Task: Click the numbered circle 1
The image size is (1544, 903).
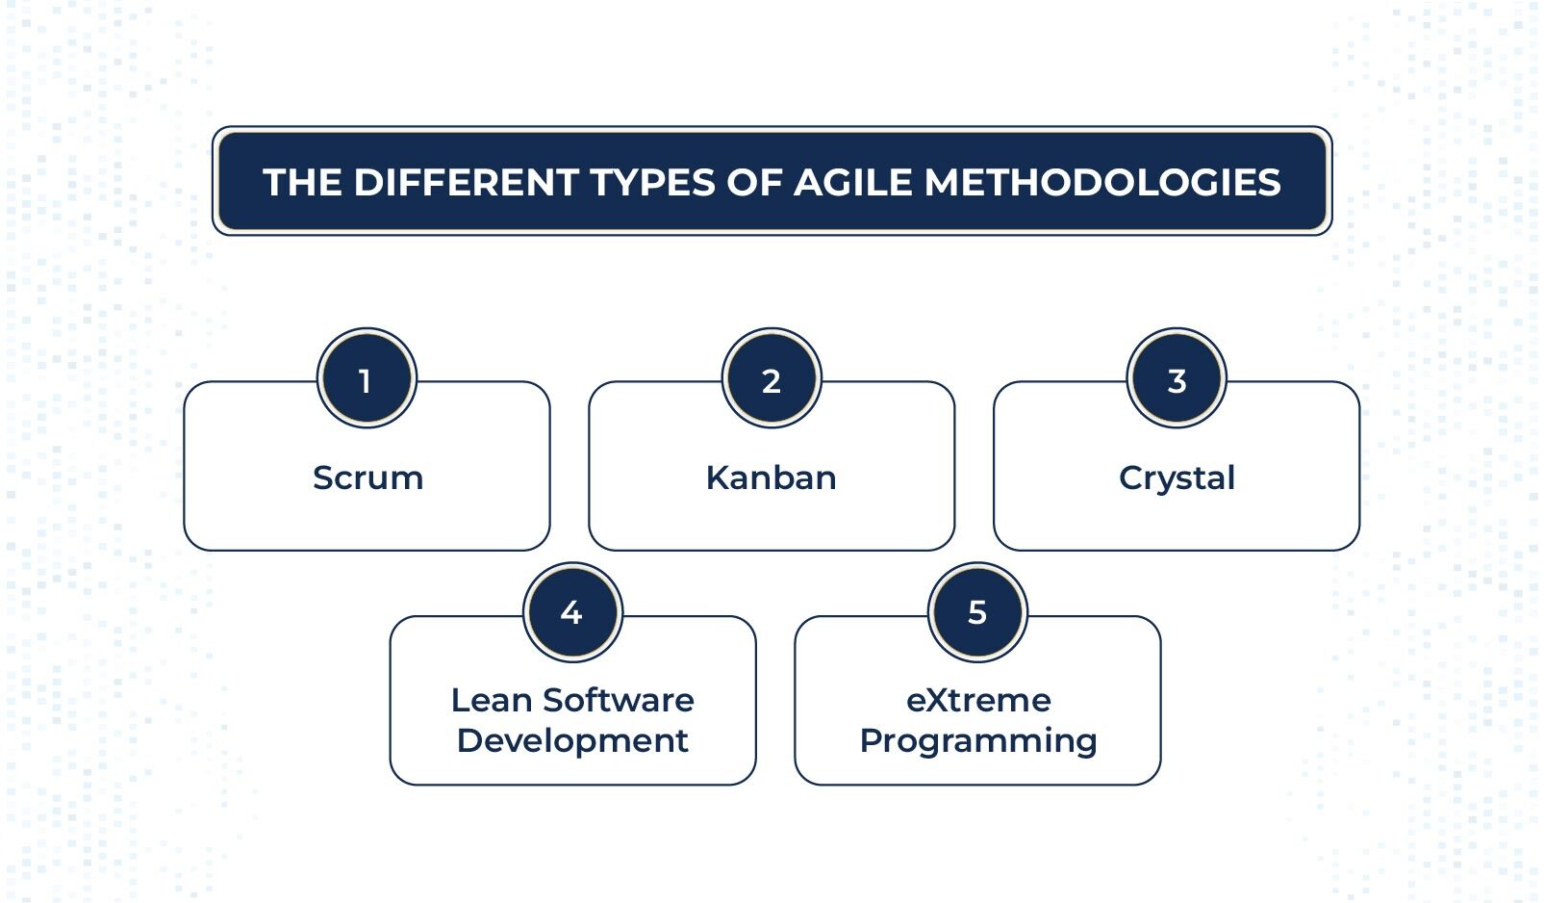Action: pos(367,378)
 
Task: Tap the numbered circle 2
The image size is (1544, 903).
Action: pos(772,378)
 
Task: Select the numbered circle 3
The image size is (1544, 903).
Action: pos(1177,378)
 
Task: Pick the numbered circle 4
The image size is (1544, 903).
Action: pos(572,612)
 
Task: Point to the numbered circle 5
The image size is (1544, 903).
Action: pos(977,612)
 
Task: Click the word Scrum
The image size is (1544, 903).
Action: pos(368,477)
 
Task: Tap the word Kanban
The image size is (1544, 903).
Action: pos(772,477)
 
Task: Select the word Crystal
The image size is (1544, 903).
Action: pos(1177,478)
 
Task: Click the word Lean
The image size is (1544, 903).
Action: pos(493,700)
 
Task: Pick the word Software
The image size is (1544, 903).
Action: pos(619,700)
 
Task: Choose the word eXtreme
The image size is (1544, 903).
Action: pos(978,700)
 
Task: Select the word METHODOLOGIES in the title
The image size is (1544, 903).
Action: pos(1102,182)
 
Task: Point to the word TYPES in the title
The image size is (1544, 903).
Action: pos(653,182)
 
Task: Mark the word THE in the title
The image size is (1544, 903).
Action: pos(303,182)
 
